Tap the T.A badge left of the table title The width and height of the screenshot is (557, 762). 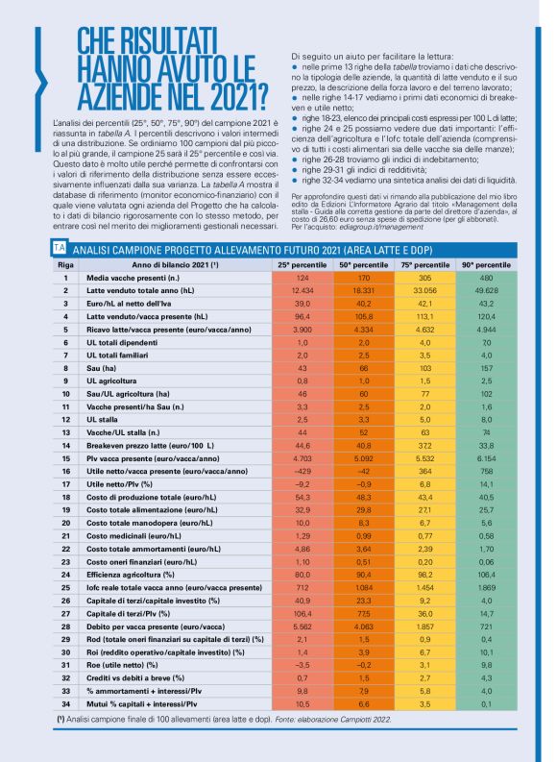click(x=60, y=247)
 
